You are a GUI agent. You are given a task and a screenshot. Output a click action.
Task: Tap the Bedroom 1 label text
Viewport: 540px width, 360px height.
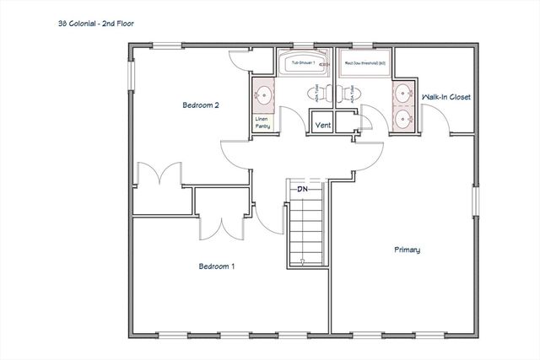[216, 266]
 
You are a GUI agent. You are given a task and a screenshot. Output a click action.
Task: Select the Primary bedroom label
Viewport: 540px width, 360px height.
[407, 250]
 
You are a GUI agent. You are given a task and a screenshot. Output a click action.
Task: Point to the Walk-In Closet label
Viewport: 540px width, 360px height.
[446, 97]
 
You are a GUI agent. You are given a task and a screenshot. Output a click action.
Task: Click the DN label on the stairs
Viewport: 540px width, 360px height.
[301, 190]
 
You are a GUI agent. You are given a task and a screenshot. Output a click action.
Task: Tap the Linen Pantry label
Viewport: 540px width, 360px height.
[262, 123]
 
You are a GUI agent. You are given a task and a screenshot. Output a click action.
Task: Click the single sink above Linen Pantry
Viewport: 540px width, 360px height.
[262, 94]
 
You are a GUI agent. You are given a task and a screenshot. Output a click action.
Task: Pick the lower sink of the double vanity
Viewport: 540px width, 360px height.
[402, 118]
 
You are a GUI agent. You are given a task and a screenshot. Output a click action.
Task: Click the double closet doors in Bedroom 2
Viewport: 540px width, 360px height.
[159, 175]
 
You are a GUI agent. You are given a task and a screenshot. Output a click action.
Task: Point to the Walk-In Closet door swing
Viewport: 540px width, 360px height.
[439, 123]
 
